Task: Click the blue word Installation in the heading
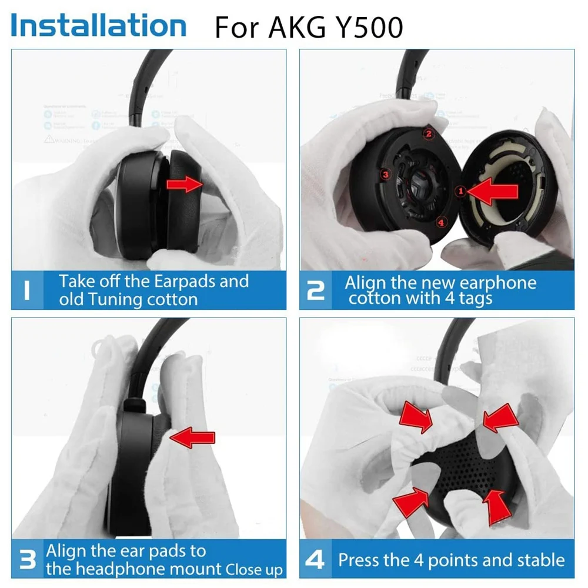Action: pos(98,25)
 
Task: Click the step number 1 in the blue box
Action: pos(26,290)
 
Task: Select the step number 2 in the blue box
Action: pos(316,290)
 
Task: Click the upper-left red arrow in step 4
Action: pos(417,419)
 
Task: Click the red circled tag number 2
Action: pos(429,133)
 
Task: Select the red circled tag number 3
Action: pos(385,175)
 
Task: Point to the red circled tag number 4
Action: pos(442,222)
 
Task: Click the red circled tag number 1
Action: pos(460,190)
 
